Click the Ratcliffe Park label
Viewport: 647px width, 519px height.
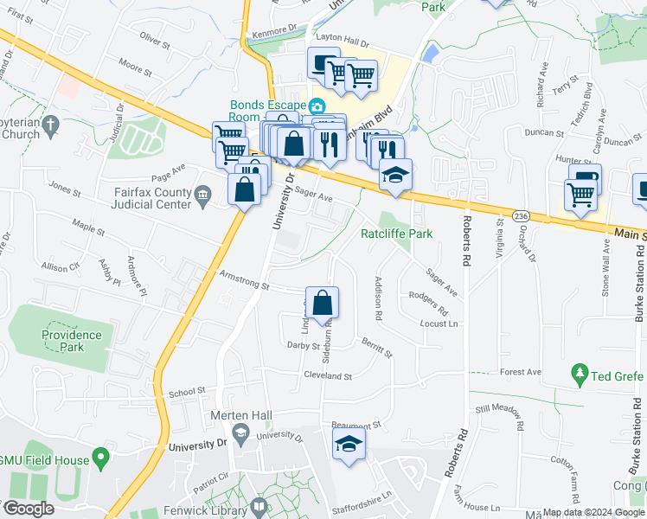click(x=395, y=234)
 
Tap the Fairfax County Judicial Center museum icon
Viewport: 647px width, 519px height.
click(x=202, y=196)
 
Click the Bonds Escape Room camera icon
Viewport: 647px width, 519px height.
click(x=317, y=106)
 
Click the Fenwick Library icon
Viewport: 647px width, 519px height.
click(x=259, y=507)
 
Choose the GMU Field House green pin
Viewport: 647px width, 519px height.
click(x=102, y=455)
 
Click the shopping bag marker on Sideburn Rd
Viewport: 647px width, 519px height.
click(x=322, y=304)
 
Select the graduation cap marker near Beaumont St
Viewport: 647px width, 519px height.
click(x=349, y=445)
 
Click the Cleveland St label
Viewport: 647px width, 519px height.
click(x=328, y=376)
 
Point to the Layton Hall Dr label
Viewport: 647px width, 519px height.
click(x=341, y=42)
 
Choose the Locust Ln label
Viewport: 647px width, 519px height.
click(x=439, y=324)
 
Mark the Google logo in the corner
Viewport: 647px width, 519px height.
click(x=29, y=509)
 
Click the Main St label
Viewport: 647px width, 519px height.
click(x=631, y=234)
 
